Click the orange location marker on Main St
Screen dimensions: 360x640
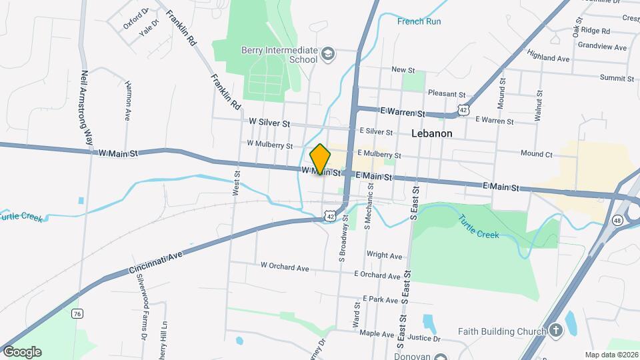click(321, 159)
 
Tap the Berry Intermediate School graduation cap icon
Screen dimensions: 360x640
click(327, 53)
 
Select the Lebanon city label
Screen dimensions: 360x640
click(431, 133)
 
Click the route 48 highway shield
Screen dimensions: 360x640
click(618, 220)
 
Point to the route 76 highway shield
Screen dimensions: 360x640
click(79, 314)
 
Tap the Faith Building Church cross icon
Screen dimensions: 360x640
click(555, 331)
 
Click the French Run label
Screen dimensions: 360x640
click(419, 21)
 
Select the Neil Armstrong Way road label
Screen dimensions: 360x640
click(86, 108)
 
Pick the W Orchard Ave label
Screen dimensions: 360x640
click(285, 266)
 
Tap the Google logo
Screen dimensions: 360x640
click(22, 352)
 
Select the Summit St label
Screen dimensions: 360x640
click(617, 78)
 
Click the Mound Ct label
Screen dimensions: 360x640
click(537, 154)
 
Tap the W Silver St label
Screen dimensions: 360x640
click(269, 123)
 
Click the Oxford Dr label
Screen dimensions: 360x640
click(137, 20)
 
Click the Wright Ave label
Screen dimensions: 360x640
click(385, 255)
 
